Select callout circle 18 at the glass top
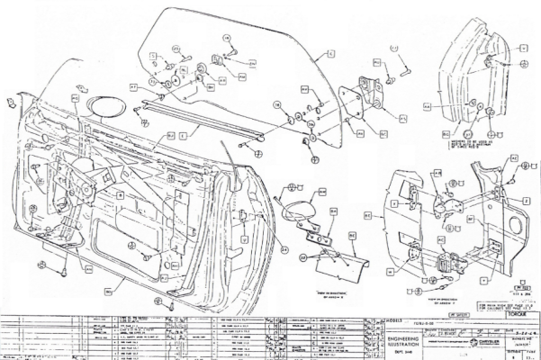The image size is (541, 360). (228, 39)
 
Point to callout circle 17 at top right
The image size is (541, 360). (393, 46)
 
